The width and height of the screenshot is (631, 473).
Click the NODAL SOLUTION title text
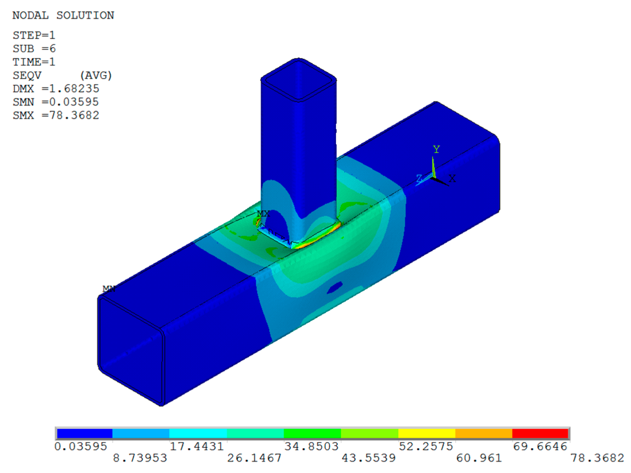pyautogui.click(x=63, y=15)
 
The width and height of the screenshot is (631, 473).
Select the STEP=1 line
pyautogui.click(x=34, y=36)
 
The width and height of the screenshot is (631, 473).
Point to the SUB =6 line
pyautogui.click(x=34, y=49)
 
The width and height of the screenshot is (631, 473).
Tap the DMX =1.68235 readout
pyautogui.click(x=56, y=89)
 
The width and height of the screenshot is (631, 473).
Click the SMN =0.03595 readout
pyautogui.click(x=56, y=102)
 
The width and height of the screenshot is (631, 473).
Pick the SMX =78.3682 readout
pyautogui.click(x=56, y=115)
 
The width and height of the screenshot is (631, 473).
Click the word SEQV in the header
pyautogui.click(x=27, y=75)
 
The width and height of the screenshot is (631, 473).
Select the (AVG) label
pyautogui.click(x=96, y=75)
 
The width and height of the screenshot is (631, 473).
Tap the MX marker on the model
pyautogui.click(x=263, y=214)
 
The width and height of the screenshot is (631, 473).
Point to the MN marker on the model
pyautogui.click(x=109, y=289)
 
